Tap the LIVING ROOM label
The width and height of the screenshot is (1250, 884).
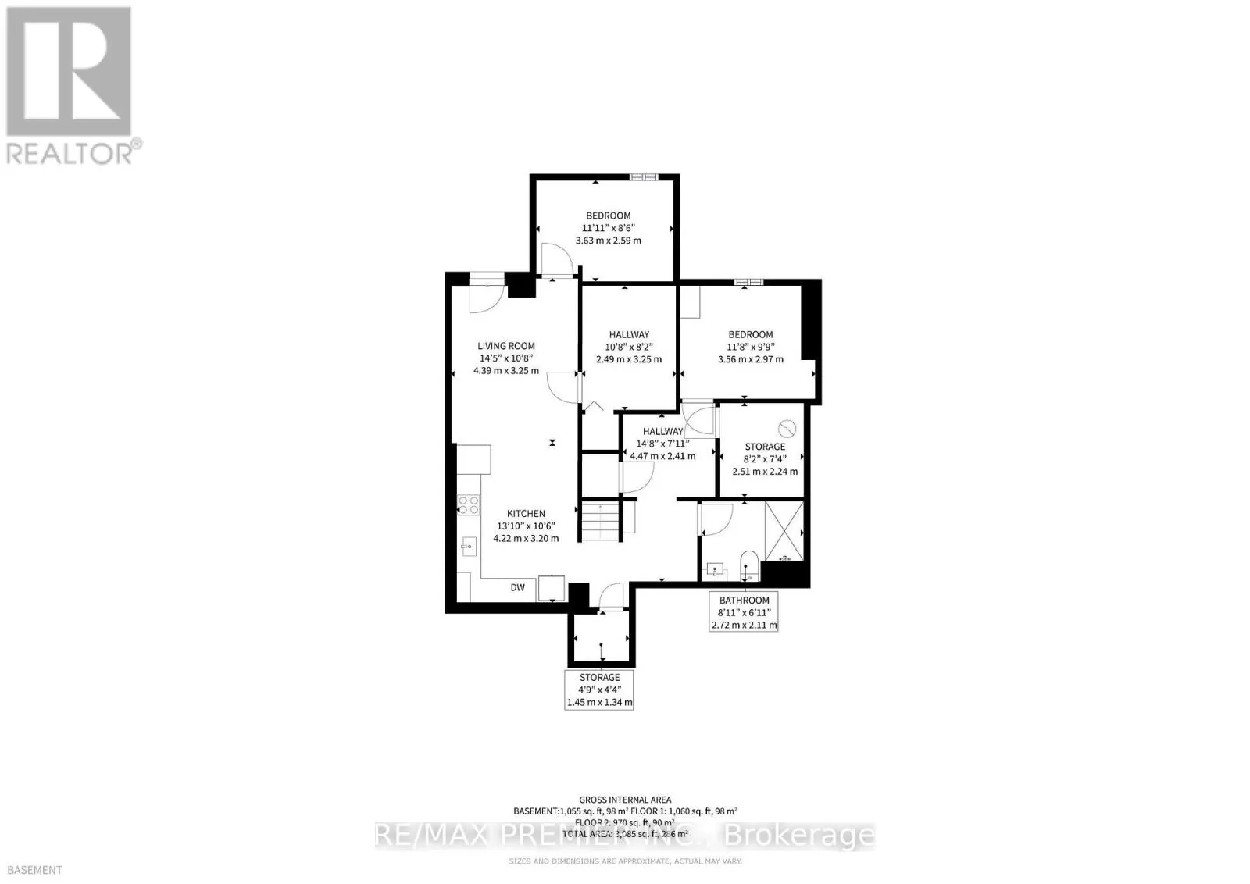(x=506, y=346)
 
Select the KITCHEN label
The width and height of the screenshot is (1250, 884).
(x=526, y=513)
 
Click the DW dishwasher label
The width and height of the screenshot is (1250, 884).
(x=517, y=588)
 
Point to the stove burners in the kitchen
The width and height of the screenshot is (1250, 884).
(x=469, y=504)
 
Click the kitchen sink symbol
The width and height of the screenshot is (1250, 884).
(x=469, y=545)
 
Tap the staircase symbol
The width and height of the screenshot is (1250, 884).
(x=600, y=522)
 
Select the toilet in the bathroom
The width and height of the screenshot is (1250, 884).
(x=748, y=564)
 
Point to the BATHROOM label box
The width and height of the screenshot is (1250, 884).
(x=744, y=612)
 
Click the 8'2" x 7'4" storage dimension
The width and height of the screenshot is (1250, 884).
(x=764, y=459)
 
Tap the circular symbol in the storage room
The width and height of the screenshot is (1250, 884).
(x=787, y=428)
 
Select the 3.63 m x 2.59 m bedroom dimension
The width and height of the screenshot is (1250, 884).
(x=608, y=241)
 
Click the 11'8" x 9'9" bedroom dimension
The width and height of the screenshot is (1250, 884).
(x=750, y=347)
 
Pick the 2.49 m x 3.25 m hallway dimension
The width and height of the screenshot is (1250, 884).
(x=628, y=359)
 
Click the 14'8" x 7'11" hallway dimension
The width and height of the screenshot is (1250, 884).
(x=662, y=444)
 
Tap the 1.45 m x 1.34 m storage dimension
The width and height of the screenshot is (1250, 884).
(x=599, y=703)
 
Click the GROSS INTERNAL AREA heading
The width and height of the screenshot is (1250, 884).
(x=625, y=800)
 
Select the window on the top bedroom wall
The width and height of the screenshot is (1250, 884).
(x=645, y=176)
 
